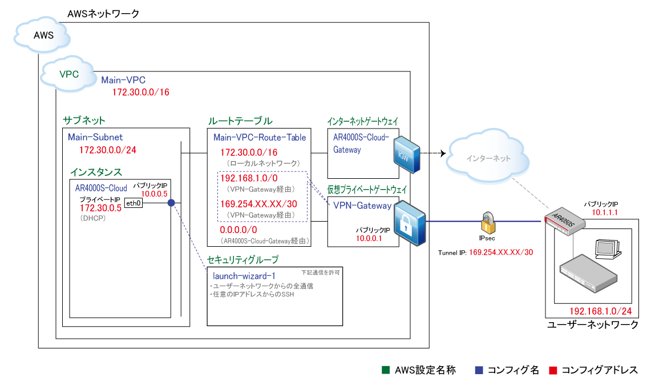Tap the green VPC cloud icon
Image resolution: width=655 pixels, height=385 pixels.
[x=69, y=74]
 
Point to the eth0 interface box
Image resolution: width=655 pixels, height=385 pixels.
[x=134, y=202]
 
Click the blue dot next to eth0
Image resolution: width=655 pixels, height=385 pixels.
[x=171, y=202]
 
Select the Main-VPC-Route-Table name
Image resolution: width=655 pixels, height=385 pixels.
[x=260, y=137]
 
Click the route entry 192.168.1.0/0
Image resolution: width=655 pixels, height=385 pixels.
[x=249, y=178]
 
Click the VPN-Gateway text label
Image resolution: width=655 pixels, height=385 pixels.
[x=362, y=206]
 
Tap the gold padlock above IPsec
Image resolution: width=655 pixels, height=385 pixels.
[x=488, y=219]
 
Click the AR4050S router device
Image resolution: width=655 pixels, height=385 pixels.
[x=565, y=219]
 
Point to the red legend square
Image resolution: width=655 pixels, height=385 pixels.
[x=552, y=370]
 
